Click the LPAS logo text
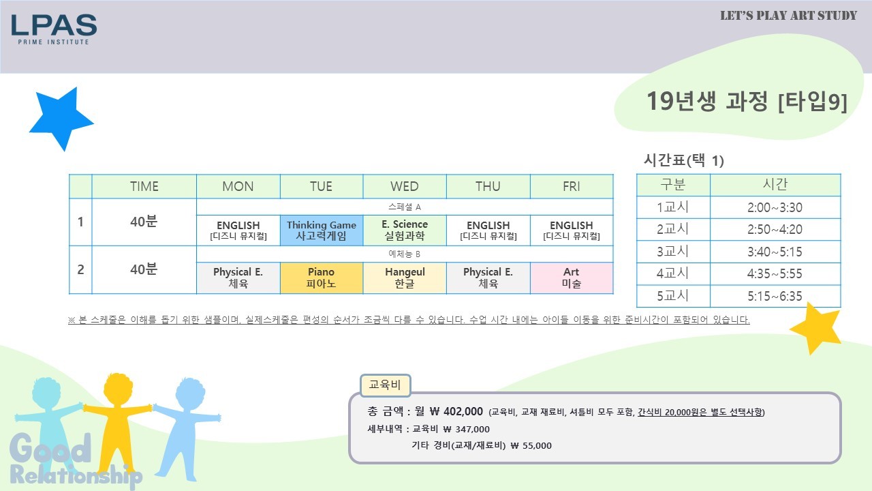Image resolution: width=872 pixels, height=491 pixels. (x=54, y=25)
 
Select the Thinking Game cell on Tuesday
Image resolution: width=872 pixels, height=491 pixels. (x=322, y=230)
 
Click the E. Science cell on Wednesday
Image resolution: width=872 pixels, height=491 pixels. (x=405, y=230)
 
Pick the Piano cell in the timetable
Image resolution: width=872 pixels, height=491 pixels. (x=322, y=278)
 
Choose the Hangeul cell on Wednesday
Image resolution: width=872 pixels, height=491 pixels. (x=405, y=278)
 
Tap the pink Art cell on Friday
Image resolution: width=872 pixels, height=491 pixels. (x=572, y=278)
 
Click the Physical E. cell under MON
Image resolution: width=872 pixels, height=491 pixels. (x=238, y=278)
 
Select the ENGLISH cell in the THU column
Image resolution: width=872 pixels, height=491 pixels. (x=488, y=230)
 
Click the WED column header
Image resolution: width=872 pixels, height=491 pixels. (x=405, y=186)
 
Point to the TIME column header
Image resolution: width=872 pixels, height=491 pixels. (x=144, y=186)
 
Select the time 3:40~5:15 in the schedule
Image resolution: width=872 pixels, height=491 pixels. (x=775, y=252)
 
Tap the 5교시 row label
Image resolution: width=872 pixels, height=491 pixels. (x=672, y=296)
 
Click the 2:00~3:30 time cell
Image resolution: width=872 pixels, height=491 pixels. (x=775, y=207)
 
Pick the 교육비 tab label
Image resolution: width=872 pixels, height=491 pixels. (x=385, y=385)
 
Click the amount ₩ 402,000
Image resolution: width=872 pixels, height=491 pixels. (x=456, y=411)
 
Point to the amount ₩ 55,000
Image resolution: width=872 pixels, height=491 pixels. (x=531, y=445)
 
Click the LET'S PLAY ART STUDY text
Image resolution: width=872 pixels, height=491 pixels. (x=788, y=16)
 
